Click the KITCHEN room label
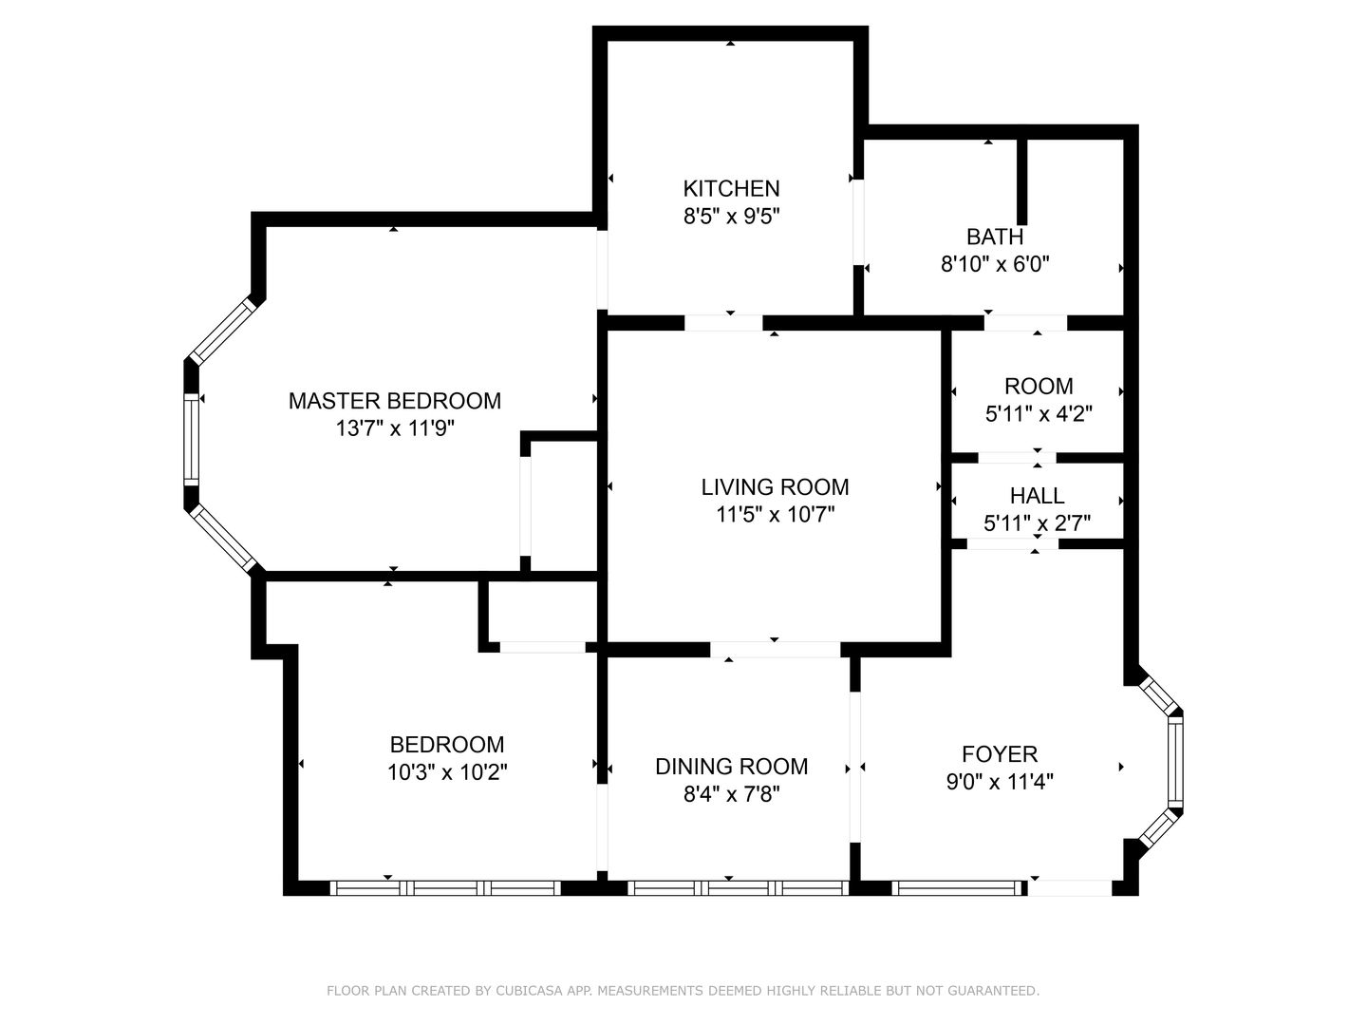pos(731,188)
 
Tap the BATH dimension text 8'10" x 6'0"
pos(995,264)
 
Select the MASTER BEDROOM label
pos(394,401)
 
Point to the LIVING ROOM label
pos(775,487)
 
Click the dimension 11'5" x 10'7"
pos(775,515)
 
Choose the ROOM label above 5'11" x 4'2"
pos(1039,387)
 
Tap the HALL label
pos(1037,496)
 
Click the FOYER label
pos(1000,754)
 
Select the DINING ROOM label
pos(731,767)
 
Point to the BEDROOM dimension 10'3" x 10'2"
pos(447,772)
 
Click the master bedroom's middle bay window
pos(191,439)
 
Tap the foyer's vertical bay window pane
pos(1174,761)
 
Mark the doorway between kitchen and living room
pos(723,323)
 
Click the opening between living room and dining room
pos(775,649)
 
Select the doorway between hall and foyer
pos(1012,543)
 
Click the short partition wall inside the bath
pos(1021,181)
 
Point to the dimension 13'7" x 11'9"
pos(395,428)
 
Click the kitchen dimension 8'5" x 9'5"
pos(731,217)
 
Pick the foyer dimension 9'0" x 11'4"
pos(1000,782)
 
